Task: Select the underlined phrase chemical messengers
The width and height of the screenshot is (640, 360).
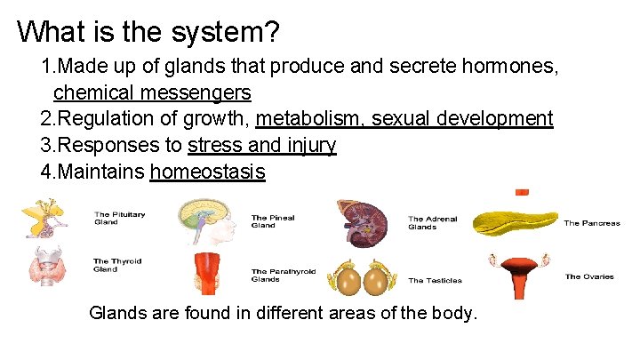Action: pyautogui.click(x=152, y=92)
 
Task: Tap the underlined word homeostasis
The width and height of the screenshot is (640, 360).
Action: pyautogui.click(x=208, y=171)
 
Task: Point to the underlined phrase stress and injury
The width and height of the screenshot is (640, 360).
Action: pyautogui.click(x=262, y=145)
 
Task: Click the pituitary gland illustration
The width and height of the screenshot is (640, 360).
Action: pyautogui.click(x=44, y=219)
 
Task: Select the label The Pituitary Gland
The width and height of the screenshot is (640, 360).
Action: pyautogui.click(x=119, y=218)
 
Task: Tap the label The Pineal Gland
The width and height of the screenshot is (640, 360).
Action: pyautogui.click(x=272, y=221)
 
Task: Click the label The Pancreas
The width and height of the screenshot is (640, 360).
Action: pyautogui.click(x=591, y=223)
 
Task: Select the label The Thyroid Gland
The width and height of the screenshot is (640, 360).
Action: pyautogui.click(x=117, y=265)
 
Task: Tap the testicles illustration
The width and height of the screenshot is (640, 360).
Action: pyautogui.click(x=362, y=278)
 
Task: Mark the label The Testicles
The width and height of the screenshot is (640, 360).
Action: pyautogui.click(x=435, y=280)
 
